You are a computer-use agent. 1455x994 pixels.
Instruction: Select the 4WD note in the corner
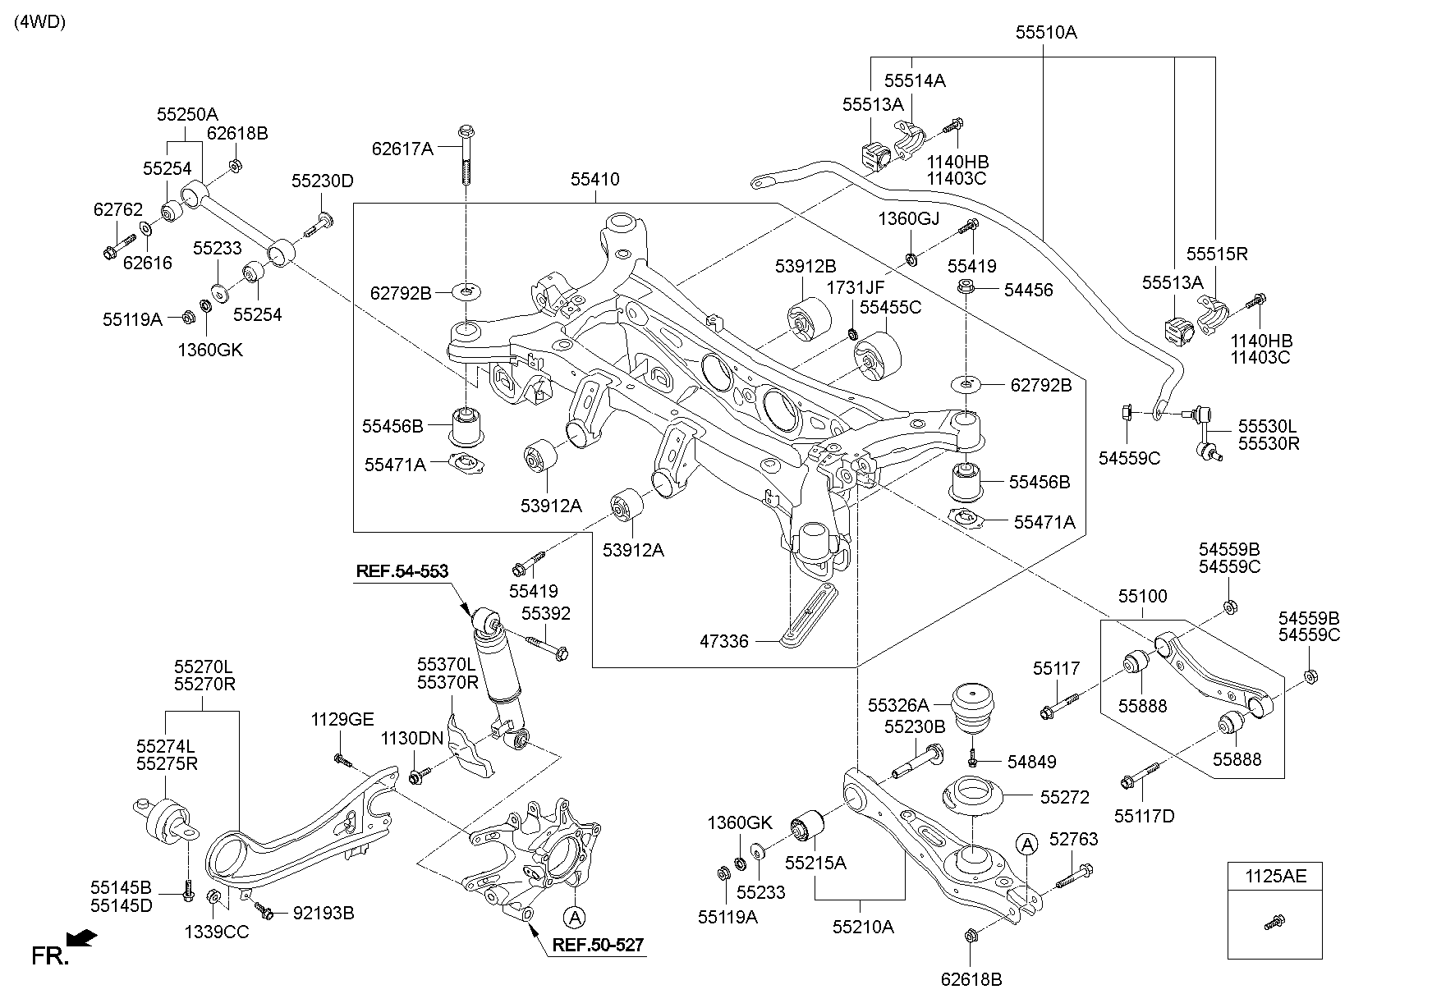click(39, 22)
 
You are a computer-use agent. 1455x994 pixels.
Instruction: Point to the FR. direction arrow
click(82, 938)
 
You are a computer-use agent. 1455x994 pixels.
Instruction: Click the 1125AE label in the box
click(1275, 876)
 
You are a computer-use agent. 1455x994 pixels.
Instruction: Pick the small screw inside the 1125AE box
click(1275, 923)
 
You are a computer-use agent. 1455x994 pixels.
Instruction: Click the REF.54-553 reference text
click(402, 570)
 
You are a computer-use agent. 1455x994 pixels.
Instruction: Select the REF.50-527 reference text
click(598, 945)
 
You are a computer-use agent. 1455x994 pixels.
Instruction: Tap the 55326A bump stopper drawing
click(972, 705)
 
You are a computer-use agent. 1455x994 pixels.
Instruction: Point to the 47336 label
click(724, 641)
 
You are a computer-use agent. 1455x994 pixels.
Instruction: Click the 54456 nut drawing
click(966, 288)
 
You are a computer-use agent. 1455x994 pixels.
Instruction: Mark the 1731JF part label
click(856, 287)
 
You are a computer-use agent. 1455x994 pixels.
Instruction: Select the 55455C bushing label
click(891, 307)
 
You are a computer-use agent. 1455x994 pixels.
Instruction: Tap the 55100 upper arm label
click(1142, 596)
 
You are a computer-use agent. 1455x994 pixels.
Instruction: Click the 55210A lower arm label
click(863, 927)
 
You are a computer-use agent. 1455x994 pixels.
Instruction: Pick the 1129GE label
click(342, 720)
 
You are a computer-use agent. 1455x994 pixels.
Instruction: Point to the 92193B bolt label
click(324, 913)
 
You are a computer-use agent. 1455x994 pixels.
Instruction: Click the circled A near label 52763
click(1026, 843)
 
